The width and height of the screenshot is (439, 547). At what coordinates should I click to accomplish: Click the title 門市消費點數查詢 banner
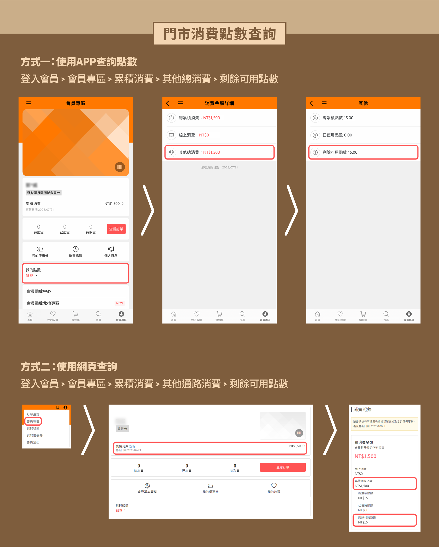coord(219,34)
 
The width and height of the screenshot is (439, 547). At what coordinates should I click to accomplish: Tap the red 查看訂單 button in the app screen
coord(116,229)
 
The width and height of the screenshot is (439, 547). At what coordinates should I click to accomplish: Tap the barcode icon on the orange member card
coord(120,167)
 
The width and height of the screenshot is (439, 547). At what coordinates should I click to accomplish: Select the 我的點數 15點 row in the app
coord(75,273)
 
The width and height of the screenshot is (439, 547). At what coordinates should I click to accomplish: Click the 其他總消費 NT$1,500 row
coord(219,152)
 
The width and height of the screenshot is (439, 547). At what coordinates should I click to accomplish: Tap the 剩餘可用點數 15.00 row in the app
coord(363,152)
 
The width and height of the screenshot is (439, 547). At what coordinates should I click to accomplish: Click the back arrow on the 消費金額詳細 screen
coord(167,103)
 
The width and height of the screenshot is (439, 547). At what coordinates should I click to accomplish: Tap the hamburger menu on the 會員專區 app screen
coord(29,103)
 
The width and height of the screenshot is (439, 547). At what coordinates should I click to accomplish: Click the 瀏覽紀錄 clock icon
coord(75,249)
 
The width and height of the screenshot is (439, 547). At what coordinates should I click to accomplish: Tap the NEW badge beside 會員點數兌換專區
coord(120,303)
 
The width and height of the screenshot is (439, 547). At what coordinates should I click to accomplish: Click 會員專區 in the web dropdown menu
coord(33,421)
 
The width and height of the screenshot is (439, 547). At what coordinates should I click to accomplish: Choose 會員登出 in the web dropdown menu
coord(33,442)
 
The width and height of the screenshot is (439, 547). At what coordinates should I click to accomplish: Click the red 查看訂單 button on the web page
coord(283,467)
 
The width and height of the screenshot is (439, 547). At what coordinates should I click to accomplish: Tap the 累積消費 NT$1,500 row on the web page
coord(210,448)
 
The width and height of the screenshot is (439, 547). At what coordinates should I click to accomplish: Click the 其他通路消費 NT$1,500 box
coord(385,483)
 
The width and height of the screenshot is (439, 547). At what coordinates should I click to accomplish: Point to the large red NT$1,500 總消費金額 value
coord(365,456)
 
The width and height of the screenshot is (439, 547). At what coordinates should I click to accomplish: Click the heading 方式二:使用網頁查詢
coord(69,367)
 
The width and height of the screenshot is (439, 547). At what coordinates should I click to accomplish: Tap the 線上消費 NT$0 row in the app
coord(219,135)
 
